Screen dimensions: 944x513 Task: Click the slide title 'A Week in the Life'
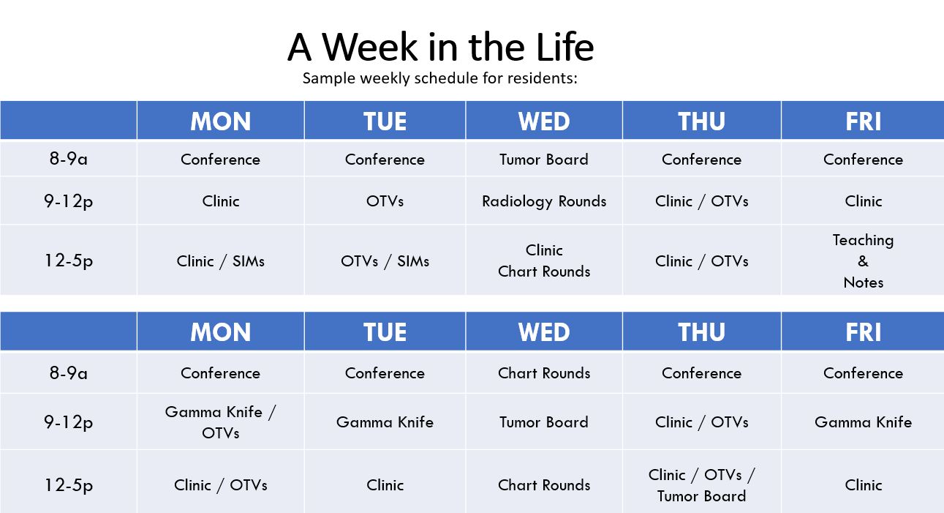[440, 47]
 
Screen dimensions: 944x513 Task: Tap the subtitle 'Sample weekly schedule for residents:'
[440, 78]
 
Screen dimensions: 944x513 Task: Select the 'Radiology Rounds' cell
[544, 201]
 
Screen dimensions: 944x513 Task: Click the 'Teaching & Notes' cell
[863, 261]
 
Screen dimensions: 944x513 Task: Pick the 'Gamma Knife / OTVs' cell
[220, 422]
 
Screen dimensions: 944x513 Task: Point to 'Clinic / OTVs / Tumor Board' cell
[702, 485]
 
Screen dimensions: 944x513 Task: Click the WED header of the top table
[544, 121]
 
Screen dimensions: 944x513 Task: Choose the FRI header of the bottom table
[863, 332]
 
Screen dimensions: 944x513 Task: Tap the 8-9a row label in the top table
[68, 159]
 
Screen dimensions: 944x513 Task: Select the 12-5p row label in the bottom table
[68, 485]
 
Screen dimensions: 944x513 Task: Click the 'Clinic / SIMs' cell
[220, 261]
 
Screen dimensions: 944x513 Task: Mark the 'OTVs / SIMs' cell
[385, 261]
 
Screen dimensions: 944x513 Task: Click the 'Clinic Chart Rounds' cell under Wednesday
[544, 261]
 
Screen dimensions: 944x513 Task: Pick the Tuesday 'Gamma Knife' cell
[385, 422]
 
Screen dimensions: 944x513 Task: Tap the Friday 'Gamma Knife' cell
[863, 422]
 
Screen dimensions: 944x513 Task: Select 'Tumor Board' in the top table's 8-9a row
[544, 160]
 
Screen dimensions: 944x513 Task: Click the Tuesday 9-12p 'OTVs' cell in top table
[385, 201]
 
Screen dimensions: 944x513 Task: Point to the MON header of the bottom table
[220, 332]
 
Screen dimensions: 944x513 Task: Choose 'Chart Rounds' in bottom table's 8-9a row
[544, 373]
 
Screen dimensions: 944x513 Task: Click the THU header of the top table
[702, 121]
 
